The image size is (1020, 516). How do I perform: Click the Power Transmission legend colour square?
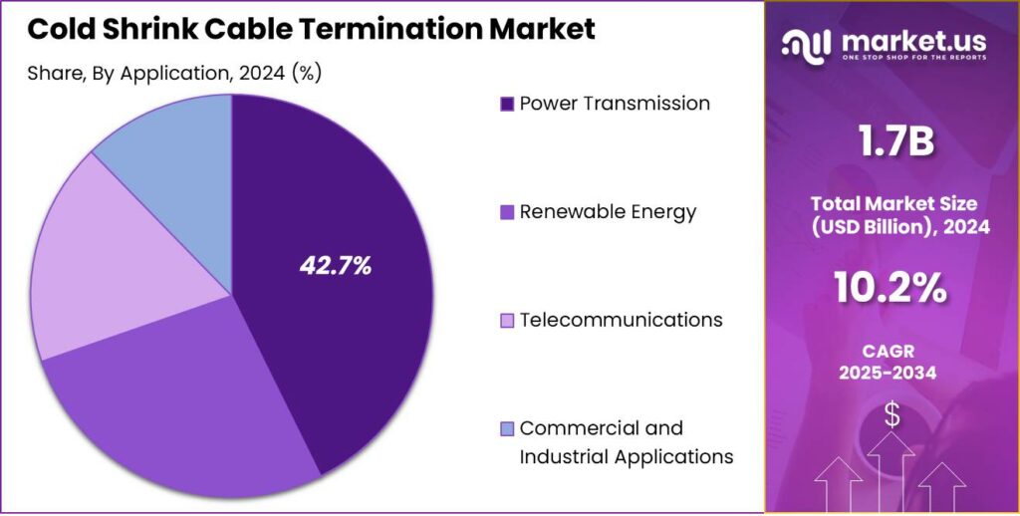(x=506, y=104)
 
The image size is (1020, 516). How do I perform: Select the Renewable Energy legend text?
(x=608, y=211)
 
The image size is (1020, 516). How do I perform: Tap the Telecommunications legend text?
(x=621, y=320)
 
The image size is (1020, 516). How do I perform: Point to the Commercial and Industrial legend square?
(x=506, y=429)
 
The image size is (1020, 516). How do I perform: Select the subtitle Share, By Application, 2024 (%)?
(x=174, y=73)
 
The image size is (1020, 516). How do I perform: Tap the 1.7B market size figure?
(x=892, y=143)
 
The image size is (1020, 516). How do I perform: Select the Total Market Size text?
(x=892, y=203)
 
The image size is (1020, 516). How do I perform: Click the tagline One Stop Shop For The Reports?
(x=914, y=58)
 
